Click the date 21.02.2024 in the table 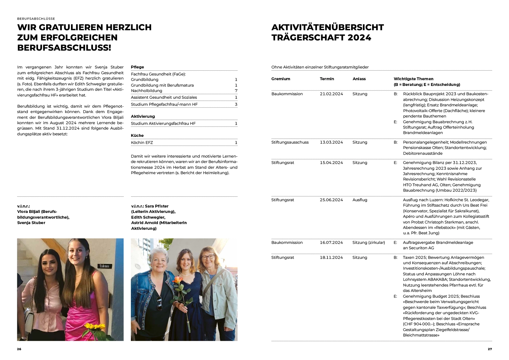331,94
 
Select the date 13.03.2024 331,142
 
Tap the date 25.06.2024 331,200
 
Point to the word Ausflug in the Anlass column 360,200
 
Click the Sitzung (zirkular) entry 368,243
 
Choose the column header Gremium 281,79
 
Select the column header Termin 327,79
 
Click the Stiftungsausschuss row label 290,142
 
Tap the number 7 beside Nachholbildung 236,91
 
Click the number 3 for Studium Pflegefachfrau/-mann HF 236,104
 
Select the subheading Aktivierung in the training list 143,116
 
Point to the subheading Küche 137,136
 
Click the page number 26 19,349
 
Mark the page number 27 490,349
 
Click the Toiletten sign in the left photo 104,266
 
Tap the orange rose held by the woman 177,280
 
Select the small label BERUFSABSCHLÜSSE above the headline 36,19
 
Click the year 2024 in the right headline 359,38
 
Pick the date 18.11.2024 331,258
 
